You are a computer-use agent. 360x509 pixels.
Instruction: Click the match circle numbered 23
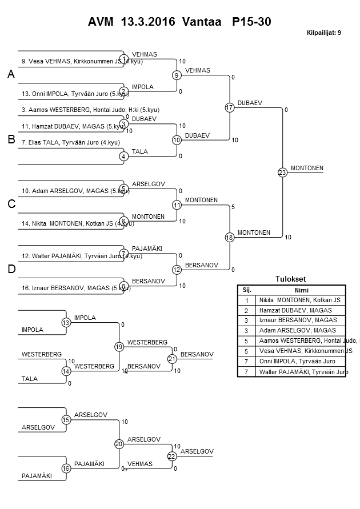282,172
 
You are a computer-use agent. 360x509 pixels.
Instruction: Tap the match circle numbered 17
229,107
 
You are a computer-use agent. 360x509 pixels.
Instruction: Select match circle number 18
229,237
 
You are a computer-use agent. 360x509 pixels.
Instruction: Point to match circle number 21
171,359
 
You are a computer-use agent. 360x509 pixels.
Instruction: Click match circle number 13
66,323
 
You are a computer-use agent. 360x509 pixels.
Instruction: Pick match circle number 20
119,444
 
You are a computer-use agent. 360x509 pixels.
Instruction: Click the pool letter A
11,75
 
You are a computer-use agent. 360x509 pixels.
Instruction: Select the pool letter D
11,269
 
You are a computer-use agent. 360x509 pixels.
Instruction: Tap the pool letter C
11,205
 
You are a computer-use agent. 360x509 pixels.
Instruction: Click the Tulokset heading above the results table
291,279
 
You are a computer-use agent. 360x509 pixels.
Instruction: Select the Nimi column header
301,290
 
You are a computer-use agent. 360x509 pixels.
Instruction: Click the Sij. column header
247,290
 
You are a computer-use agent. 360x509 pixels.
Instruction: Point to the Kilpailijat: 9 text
323,33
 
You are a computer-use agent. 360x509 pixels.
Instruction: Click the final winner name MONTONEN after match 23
307,168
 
